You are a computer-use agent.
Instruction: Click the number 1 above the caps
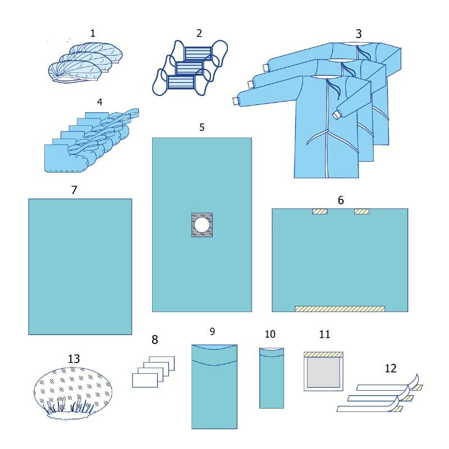[93, 33]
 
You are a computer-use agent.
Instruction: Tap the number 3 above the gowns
[359, 34]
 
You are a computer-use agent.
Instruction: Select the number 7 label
[74, 190]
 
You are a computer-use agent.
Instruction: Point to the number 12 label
[391, 368]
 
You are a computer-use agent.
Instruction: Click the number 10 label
[270, 334]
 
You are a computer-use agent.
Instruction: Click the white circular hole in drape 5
[202, 225]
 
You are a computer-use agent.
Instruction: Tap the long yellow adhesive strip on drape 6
[340, 309]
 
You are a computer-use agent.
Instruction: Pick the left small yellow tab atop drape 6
[319, 212]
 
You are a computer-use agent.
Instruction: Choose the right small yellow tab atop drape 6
[361, 212]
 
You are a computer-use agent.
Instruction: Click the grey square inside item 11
[324, 372]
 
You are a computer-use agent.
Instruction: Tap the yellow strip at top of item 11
[323, 355]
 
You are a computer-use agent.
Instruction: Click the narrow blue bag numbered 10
[272, 378]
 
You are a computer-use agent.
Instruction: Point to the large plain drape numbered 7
[80, 267]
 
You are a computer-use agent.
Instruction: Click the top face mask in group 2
[198, 53]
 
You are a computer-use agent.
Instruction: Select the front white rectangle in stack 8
[145, 381]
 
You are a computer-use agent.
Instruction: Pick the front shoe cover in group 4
[66, 158]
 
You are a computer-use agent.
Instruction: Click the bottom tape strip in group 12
[369, 409]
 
